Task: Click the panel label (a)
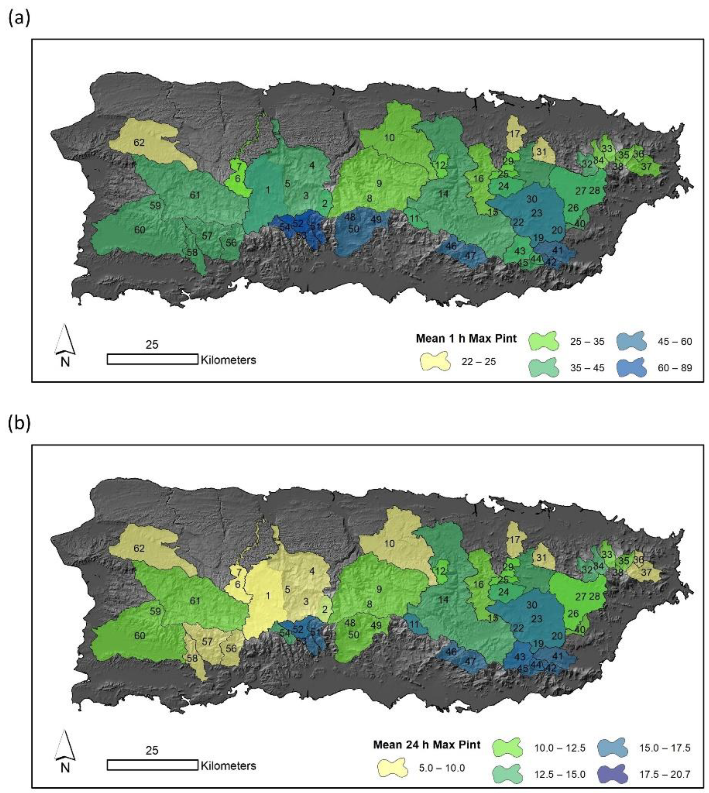pos(19,18)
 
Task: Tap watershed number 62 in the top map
pos(139,143)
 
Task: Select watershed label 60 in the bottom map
pos(140,636)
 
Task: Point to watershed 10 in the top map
pos(389,137)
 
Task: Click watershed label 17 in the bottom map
pos(515,539)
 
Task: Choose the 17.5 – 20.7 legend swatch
pos(612,774)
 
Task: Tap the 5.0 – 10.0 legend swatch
pos(393,768)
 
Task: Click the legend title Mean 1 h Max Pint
pos(466,339)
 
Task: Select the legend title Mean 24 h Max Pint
pos(427,745)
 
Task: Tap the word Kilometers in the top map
pos(228,360)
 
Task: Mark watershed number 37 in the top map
pos(646,166)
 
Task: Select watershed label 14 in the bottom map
pos(443,600)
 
